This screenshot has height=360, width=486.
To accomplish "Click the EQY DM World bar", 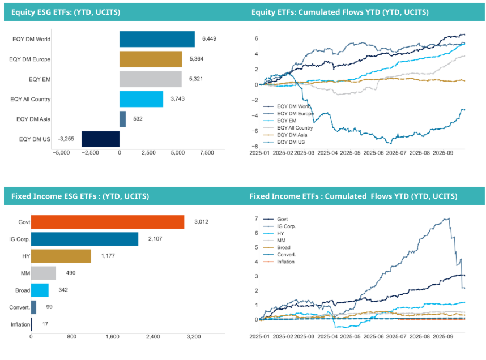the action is [157, 39].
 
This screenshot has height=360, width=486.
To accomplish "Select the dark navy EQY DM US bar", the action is [100, 139].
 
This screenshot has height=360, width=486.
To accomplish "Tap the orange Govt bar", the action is [108, 222].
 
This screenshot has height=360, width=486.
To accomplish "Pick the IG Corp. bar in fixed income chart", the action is [84, 239].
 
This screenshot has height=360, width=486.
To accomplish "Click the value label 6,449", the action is [209, 38].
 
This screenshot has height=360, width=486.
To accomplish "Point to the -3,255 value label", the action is [66, 139].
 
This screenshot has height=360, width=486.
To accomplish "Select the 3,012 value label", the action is [201, 221].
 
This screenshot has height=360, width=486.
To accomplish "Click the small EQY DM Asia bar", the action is [123, 119].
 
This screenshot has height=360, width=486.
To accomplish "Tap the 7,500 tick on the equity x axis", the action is [207, 153].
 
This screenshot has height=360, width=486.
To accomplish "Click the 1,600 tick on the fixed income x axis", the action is [112, 337].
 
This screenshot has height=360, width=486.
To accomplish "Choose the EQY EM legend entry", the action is [280, 121].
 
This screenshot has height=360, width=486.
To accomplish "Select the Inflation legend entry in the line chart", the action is [279, 262].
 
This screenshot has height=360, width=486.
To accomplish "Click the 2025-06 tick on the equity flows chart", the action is [373, 153].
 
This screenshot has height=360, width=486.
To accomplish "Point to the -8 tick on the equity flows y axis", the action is [255, 146].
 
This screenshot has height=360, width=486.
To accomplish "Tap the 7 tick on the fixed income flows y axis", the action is [257, 218].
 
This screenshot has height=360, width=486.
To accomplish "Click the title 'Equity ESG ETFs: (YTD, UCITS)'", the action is [66, 12].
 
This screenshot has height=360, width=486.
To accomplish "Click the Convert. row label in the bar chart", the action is [19, 307].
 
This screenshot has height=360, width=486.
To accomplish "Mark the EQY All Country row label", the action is [31, 99].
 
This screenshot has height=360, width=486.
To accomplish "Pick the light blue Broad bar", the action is [40, 290].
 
